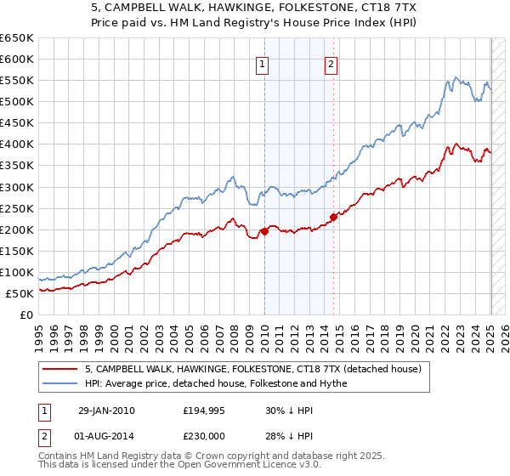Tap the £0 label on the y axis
pos(27,314)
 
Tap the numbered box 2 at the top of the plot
pos(330,62)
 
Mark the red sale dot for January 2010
pos(264,231)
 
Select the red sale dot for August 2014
pos(333,217)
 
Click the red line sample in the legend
pos(59,370)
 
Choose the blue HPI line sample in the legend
pos(59,383)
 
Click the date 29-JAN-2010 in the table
pos(106,411)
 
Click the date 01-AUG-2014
pos(106,436)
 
